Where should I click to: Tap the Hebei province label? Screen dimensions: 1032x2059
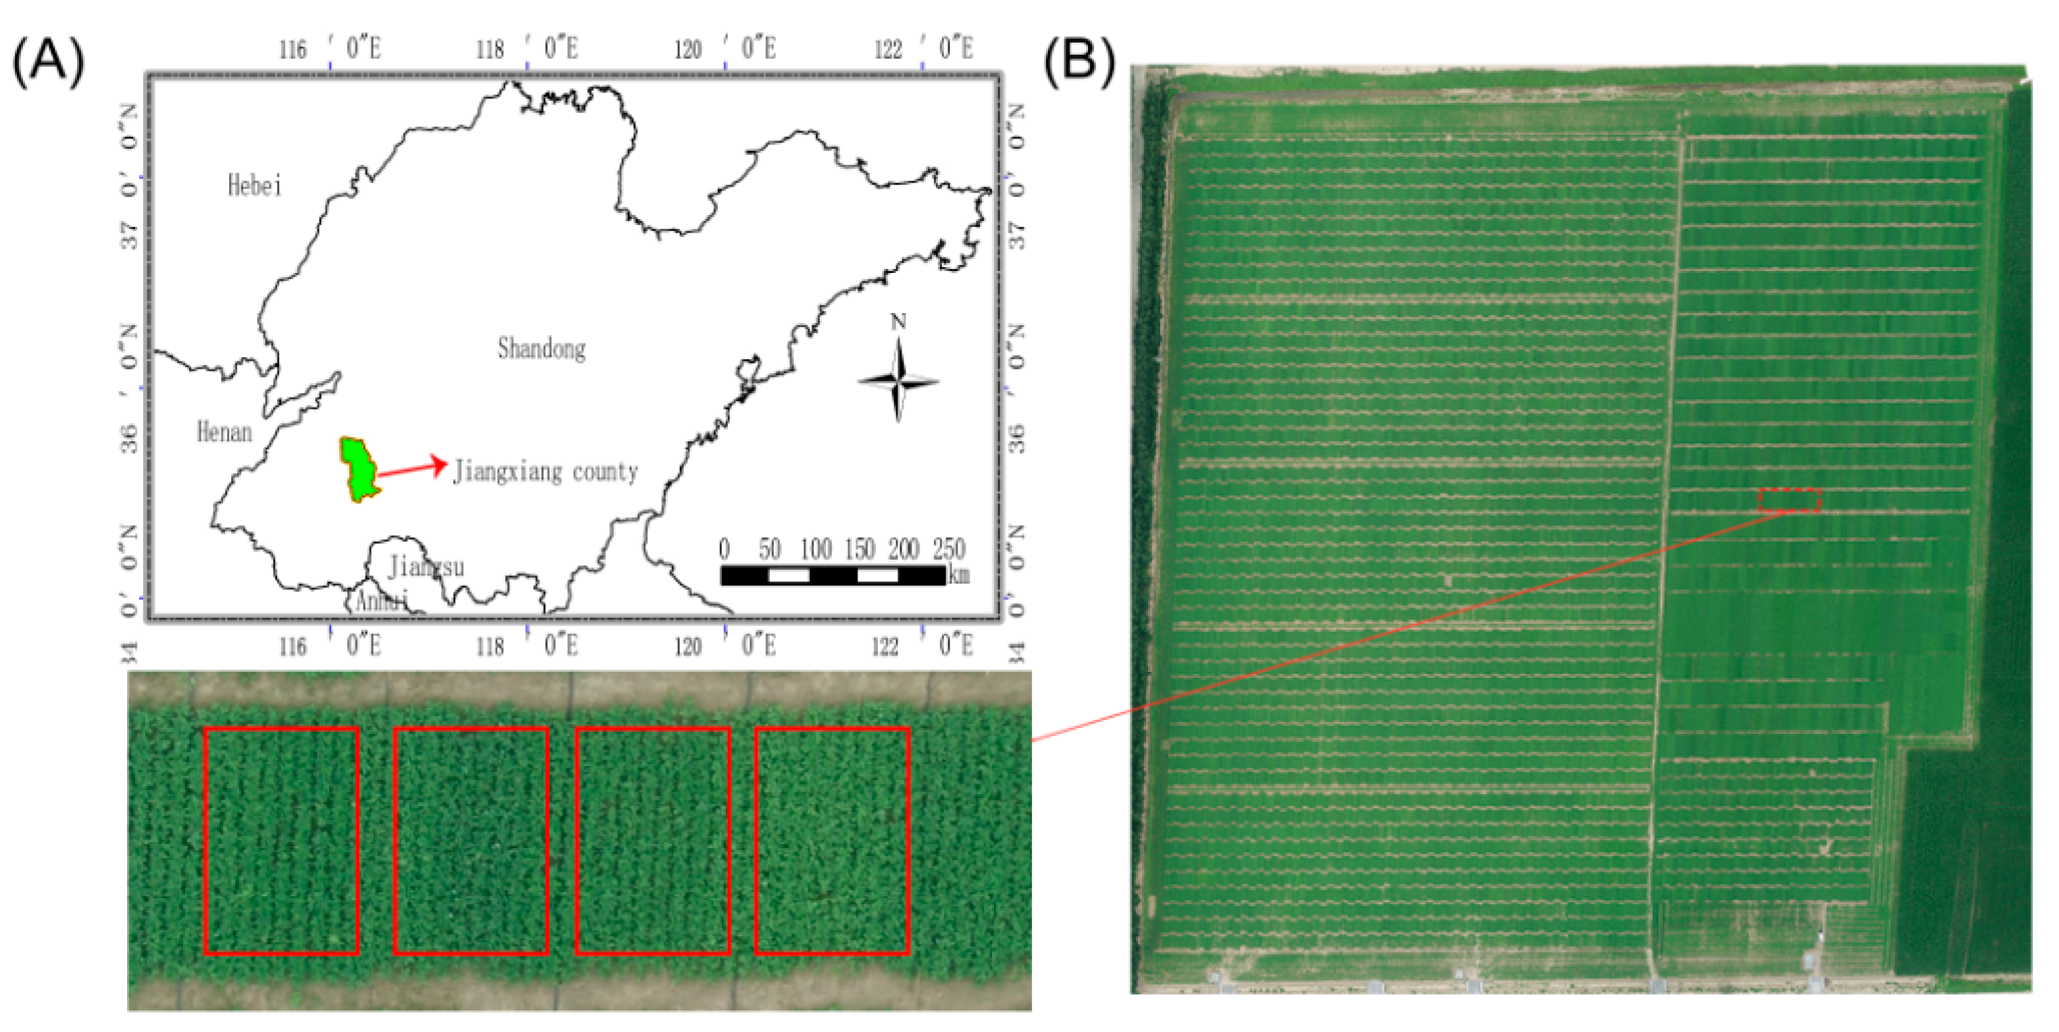point(254,185)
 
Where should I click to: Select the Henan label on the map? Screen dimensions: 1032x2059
point(224,433)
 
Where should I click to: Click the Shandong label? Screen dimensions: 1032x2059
point(541,349)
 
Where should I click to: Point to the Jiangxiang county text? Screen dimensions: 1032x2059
point(545,472)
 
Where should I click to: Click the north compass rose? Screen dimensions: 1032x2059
point(899,381)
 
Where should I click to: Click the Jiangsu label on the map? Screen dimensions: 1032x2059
point(425,567)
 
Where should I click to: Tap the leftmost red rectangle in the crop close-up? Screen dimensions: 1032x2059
point(280,840)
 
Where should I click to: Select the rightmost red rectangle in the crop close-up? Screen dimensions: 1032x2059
point(832,840)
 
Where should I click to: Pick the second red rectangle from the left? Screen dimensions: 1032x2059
point(471,840)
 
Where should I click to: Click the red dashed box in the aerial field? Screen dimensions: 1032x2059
point(1789,499)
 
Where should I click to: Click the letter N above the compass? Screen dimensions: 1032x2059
point(899,321)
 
